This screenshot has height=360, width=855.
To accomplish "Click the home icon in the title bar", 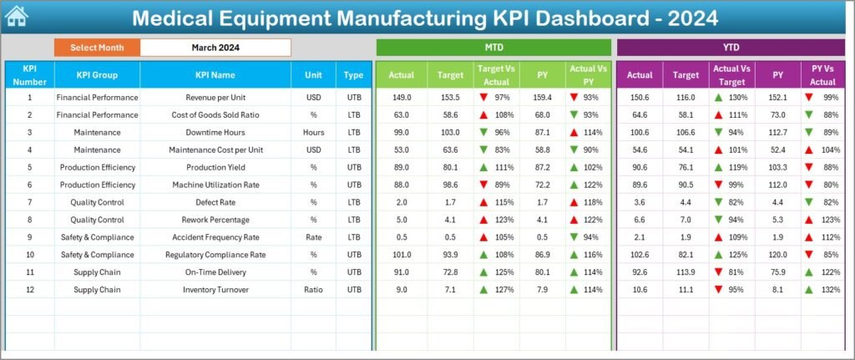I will [16, 16].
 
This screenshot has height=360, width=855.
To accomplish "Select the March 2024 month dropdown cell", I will [215, 48].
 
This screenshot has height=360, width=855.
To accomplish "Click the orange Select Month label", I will [97, 48].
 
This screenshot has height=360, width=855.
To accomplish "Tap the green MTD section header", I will [493, 48].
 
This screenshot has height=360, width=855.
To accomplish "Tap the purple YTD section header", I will [731, 48].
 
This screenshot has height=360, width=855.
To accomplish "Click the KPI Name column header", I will [215, 75].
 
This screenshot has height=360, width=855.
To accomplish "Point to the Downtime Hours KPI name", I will [215, 132].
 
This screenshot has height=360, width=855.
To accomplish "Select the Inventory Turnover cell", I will [215, 290].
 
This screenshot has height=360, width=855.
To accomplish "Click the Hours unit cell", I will [313, 132].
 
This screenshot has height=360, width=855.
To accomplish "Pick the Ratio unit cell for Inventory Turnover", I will [313, 290].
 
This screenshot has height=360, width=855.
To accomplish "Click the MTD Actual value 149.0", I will [401, 97].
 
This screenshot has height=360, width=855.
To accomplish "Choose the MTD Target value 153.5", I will [450, 97].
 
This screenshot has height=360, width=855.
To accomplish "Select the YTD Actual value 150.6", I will [640, 97].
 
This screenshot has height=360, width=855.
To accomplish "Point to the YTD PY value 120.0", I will [778, 255].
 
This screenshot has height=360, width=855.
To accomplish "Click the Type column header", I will [353, 75].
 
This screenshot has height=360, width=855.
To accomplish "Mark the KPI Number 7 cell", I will [29, 202].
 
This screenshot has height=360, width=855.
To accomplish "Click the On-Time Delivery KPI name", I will [215, 272].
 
